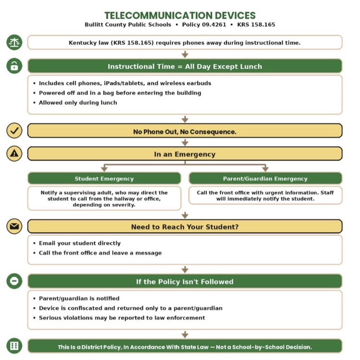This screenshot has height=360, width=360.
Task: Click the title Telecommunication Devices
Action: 180,16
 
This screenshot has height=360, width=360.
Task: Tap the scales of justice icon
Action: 14,42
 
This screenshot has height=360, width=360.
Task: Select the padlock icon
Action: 14,66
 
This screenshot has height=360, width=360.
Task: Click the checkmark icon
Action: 14,131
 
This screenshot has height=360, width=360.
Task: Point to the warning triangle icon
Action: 14,154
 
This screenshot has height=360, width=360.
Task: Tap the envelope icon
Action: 14,227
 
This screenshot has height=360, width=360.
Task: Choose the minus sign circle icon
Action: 14,281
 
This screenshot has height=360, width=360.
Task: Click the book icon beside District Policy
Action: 14,346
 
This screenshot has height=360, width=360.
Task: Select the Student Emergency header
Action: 104,179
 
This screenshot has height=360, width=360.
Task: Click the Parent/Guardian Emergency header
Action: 265,179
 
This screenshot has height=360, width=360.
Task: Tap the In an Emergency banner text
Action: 185,154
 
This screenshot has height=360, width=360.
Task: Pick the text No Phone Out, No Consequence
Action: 185,132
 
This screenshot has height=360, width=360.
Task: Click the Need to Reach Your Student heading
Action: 185,227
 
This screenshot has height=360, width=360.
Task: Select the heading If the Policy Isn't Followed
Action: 185,281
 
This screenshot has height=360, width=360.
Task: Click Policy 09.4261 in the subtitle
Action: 204,24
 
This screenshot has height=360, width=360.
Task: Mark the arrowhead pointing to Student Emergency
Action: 104,169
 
